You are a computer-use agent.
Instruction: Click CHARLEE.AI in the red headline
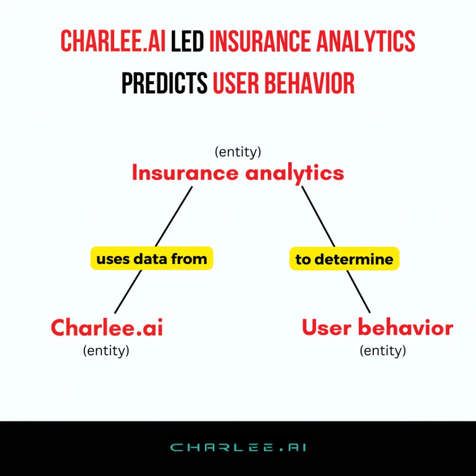(x=113, y=41)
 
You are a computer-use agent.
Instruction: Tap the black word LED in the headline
(x=187, y=41)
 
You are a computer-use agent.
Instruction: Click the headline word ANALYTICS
(x=366, y=41)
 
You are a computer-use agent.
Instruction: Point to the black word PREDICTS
(x=165, y=83)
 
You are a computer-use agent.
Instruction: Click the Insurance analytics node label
(x=238, y=173)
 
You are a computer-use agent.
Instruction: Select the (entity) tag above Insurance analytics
(x=238, y=152)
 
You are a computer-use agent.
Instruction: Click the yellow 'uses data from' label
(x=152, y=258)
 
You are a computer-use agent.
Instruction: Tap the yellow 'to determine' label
(x=344, y=258)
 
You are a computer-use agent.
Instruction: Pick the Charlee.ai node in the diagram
(x=107, y=328)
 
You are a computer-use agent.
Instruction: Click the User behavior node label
(x=377, y=327)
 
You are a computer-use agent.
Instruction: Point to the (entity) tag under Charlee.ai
(x=106, y=350)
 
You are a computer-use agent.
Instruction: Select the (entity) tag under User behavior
(x=383, y=350)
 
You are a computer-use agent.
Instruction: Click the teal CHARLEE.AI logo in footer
(x=238, y=448)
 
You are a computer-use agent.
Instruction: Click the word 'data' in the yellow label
(x=150, y=258)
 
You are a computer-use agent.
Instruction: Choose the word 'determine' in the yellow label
(x=354, y=259)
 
